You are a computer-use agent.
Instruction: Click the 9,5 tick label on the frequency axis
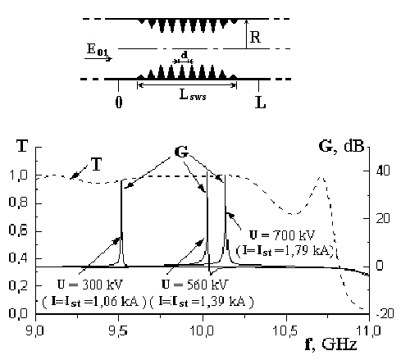click(118, 331)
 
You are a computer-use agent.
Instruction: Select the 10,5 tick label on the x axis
click(285, 331)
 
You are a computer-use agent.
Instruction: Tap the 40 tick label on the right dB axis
click(382, 171)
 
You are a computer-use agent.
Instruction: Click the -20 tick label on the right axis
click(385, 313)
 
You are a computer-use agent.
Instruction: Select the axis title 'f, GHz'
click(331, 344)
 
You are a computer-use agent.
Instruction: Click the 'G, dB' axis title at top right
click(341, 147)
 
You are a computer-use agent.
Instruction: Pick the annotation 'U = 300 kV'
click(90, 285)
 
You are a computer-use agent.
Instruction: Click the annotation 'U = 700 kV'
click(282, 235)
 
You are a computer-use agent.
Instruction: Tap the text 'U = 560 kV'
click(194, 285)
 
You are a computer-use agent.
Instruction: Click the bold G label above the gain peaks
click(181, 153)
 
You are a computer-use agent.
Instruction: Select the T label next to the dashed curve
click(96, 165)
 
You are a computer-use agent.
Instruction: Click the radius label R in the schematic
click(255, 37)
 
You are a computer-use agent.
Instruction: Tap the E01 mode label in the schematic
click(98, 50)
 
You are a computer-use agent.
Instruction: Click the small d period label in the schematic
click(185, 55)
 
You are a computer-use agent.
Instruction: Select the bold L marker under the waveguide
click(260, 103)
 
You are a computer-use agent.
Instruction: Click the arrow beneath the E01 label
click(98, 58)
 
